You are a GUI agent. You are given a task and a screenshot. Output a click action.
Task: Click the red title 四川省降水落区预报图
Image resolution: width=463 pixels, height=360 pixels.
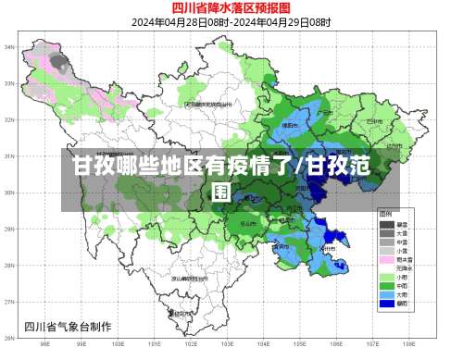coord(231,8)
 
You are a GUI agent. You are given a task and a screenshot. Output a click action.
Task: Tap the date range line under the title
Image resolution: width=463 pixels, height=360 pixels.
coord(231,22)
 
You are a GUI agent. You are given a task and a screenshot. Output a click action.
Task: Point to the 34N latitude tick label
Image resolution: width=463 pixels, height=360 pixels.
coord(9,46)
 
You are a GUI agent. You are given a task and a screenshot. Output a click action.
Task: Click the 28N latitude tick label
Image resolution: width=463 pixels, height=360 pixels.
coord(9,266)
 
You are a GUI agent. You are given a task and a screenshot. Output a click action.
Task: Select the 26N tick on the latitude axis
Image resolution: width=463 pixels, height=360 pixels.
coord(9,339)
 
